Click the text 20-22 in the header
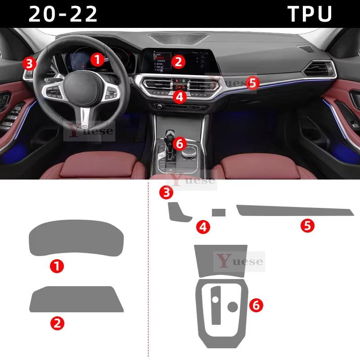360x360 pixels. (63, 14)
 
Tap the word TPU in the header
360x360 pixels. (310, 14)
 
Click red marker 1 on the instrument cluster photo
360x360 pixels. (97, 58)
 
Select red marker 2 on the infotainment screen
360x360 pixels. (178, 62)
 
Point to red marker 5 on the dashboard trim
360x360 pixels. (252, 83)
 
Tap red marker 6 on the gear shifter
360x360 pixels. (179, 144)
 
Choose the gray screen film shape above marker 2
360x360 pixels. (76, 299)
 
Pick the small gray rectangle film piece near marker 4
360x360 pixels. (219, 212)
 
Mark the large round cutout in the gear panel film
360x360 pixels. (233, 307)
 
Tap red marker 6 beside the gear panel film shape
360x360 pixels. (256, 306)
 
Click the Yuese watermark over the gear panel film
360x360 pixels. (239, 261)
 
